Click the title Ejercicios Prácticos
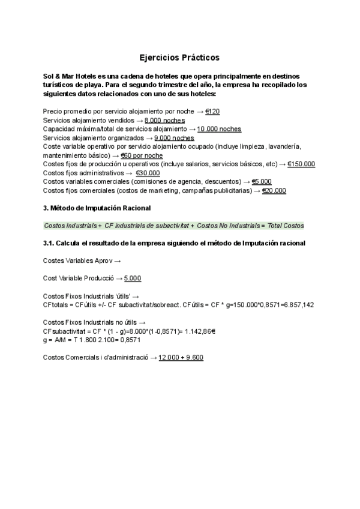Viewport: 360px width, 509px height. point(179,58)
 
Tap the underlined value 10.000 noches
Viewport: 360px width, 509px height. point(219,129)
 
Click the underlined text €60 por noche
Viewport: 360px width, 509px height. point(142,155)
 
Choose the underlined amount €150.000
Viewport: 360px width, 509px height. point(301,164)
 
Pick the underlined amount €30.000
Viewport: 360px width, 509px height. point(148,173)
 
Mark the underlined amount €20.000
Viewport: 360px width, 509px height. point(274,191)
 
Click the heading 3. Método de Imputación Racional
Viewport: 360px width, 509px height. point(97,208)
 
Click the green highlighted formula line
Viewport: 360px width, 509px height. point(173,225)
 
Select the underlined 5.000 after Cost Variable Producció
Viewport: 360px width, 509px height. point(133,279)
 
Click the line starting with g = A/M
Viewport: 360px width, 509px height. point(92,340)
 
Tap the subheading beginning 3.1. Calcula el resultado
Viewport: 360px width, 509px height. point(174,243)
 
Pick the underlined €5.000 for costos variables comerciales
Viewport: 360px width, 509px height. point(262,182)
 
